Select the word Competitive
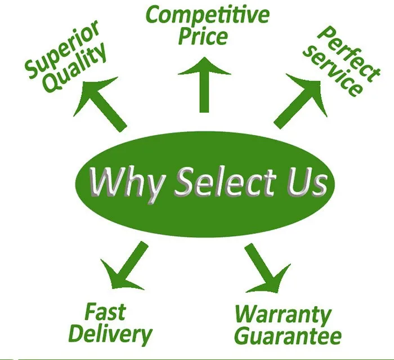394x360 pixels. (x=208, y=16)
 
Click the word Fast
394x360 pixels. (x=105, y=312)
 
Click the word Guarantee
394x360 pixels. (x=287, y=336)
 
